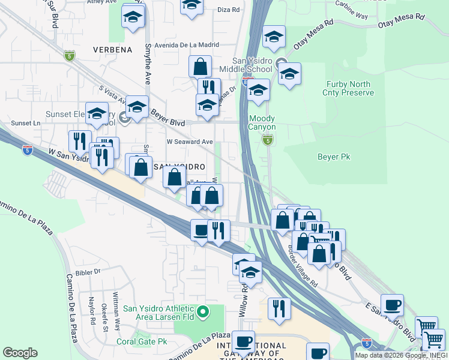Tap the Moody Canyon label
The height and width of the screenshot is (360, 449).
pyautogui.click(x=262, y=123)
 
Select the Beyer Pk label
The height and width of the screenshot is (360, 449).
pyautogui.click(x=333, y=157)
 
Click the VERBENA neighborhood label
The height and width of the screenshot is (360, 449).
pyautogui.click(x=112, y=50)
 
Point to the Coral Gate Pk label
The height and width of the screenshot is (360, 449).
pyautogui.click(x=142, y=341)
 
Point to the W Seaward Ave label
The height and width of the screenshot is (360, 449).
pyautogui.click(x=190, y=142)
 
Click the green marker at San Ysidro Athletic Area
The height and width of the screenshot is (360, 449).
pyautogui.click(x=203, y=311)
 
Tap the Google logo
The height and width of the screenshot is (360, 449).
pyautogui.click(x=20, y=353)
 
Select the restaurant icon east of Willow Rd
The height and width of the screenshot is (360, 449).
pyautogui.click(x=279, y=309)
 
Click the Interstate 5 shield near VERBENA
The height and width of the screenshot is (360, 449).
pyautogui.click(x=70, y=56)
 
